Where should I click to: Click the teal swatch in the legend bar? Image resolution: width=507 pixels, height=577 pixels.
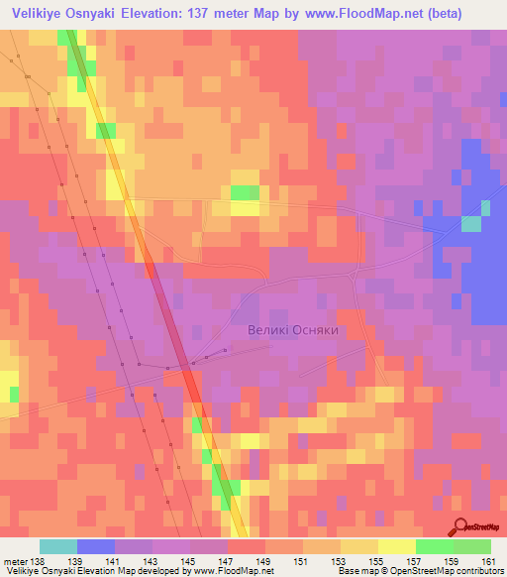click(58, 546)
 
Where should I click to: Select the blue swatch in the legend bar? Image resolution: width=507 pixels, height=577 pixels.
click(96, 546)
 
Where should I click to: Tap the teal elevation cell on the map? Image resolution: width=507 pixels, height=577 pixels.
click(471, 224)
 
